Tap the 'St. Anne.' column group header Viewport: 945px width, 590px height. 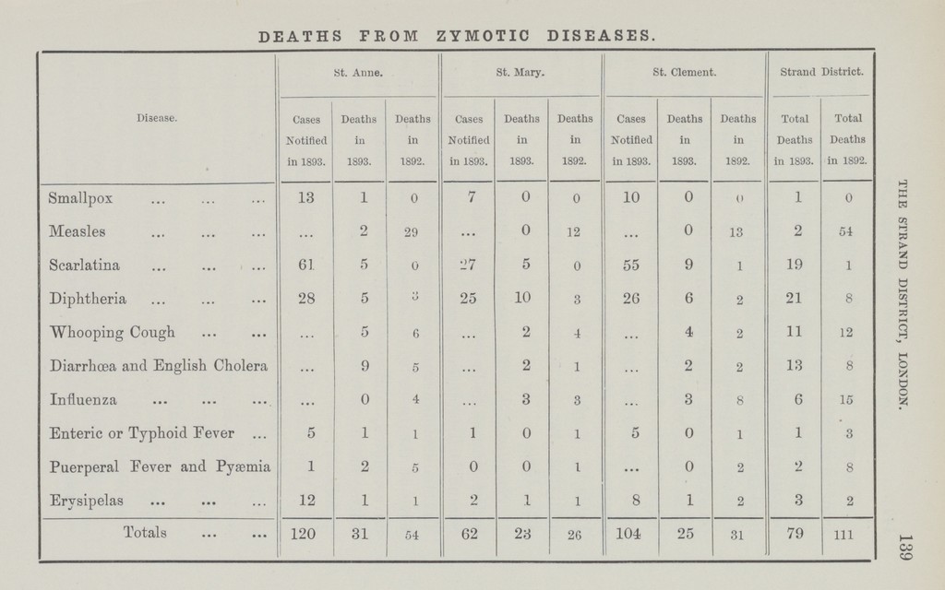pos(358,70)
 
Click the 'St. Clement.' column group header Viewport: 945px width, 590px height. pos(684,70)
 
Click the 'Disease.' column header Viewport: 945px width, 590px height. pos(156,117)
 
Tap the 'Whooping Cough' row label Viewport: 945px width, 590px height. pos(107,332)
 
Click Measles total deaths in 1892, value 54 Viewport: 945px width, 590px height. pos(846,231)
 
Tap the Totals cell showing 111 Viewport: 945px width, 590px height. pos(846,534)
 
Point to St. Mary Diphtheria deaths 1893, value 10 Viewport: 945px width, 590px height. pos(521,299)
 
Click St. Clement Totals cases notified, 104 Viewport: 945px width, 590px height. pos(630,533)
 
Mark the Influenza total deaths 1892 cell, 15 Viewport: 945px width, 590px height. pos(846,399)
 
